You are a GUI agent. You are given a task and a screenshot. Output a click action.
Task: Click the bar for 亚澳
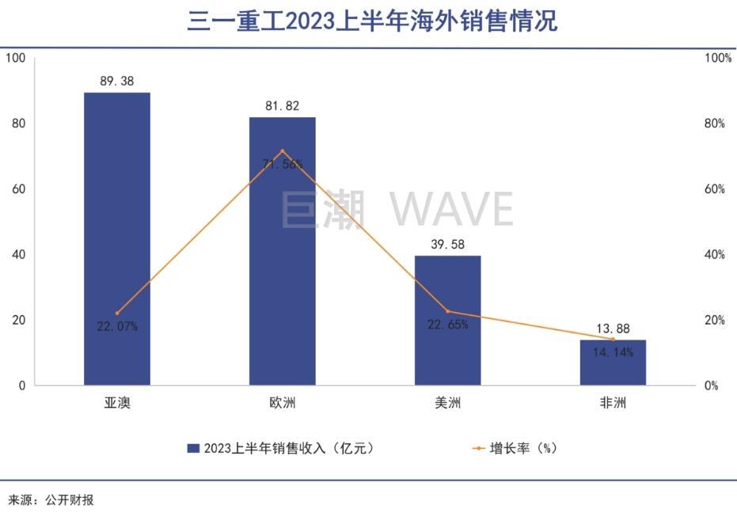[117, 238]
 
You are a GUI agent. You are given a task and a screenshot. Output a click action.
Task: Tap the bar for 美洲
[448, 320]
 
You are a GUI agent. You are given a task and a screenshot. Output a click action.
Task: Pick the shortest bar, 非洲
[613, 363]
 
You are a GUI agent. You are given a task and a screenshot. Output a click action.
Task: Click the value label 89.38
[117, 81]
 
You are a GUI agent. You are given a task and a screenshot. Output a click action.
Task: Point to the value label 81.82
[283, 105]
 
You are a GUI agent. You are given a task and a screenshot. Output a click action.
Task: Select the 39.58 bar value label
[448, 244]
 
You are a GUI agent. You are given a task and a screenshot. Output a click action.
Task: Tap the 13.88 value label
[614, 329]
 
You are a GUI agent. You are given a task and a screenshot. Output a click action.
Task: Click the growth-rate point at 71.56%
[283, 151]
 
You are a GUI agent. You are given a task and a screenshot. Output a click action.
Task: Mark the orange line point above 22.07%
[117, 313]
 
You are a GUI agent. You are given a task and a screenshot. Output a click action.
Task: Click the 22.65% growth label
[448, 325]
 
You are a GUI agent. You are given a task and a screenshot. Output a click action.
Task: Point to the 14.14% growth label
[614, 353]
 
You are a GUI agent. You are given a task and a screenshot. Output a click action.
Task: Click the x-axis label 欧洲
[283, 403]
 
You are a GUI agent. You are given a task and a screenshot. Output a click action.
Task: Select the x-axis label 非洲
[614, 403]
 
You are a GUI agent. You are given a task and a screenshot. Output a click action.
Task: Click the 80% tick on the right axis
[715, 123]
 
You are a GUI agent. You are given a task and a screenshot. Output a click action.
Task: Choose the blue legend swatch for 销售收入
[193, 448]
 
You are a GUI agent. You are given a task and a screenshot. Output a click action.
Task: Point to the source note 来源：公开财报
[51, 500]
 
